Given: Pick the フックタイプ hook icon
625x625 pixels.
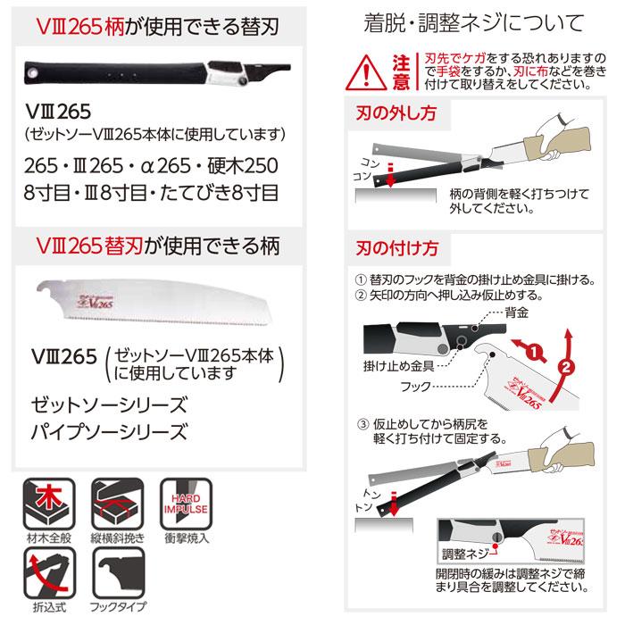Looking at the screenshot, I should (115, 579).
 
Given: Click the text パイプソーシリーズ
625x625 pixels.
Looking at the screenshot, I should (109, 433).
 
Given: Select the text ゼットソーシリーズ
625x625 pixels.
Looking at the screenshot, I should (109, 403).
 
